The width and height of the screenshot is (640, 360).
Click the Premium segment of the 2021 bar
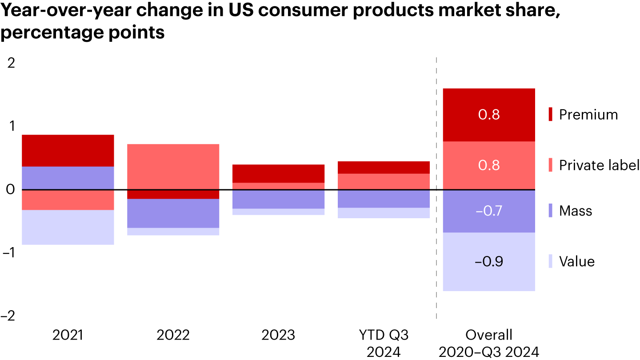point(68,150)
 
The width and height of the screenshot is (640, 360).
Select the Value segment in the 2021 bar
point(68,227)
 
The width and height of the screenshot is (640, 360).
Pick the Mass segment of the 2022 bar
point(173,213)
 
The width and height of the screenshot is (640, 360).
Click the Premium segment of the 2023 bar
point(278,173)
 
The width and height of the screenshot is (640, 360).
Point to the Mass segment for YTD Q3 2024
point(384,199)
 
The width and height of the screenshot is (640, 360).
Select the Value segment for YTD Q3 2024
point(384,213)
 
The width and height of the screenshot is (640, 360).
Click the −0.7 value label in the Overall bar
point(488,211)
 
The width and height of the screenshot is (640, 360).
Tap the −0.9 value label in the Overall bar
point(488,261)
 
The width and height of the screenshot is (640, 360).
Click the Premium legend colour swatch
point(550,115)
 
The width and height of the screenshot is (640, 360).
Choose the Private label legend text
point(599,165)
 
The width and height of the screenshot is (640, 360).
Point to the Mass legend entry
point(575,211)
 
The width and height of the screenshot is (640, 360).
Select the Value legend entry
point(576,261)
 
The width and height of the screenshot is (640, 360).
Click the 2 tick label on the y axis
point(11,63)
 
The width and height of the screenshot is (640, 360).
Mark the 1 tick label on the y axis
point(12,127)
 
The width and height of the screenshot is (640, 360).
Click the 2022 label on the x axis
point(173,335)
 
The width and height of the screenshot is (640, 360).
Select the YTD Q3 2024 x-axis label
point(384,343)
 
